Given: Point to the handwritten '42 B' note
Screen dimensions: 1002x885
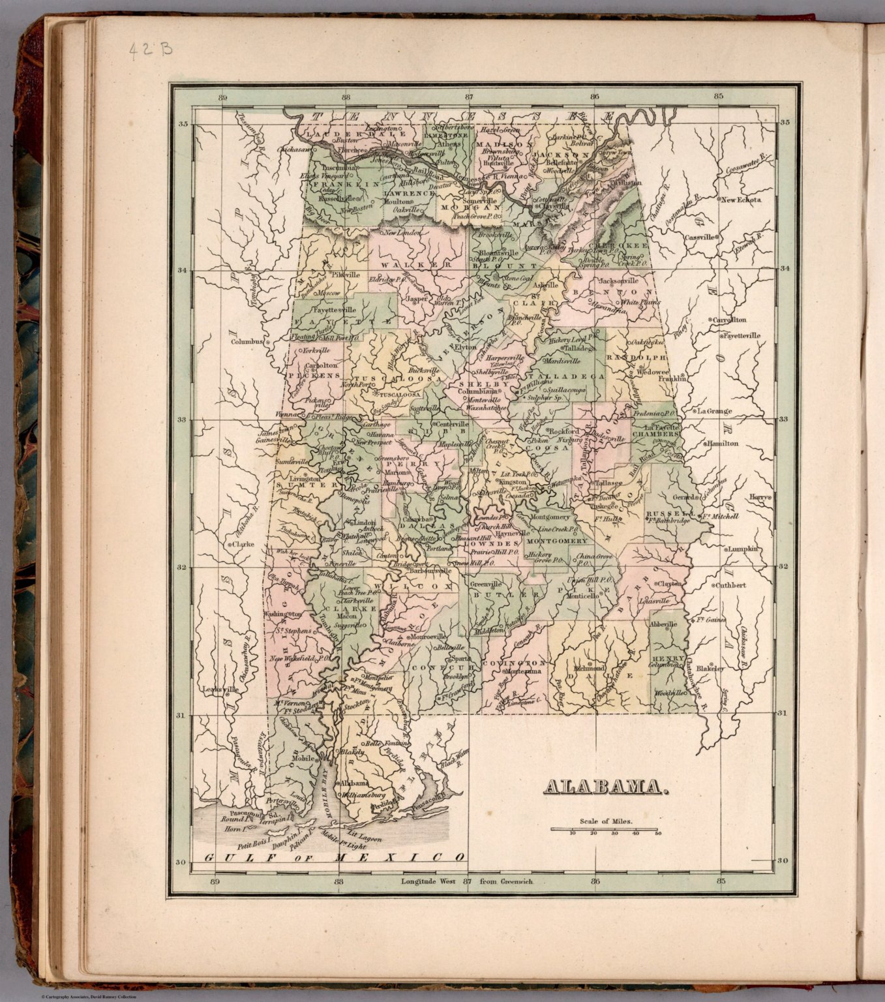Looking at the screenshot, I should [150, 50].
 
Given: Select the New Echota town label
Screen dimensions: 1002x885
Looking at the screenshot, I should [740, 200].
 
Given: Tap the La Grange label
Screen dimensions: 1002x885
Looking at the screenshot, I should [714, 412].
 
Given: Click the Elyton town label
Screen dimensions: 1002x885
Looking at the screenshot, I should [466, 348].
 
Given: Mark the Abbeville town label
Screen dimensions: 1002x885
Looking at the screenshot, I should [665, 624].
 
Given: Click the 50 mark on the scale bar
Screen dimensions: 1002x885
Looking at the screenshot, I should [658, 834].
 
